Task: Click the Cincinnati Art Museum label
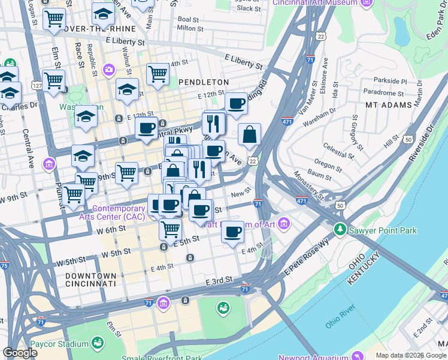(x=315, y=3)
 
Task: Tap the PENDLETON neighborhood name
(x=204, y=82)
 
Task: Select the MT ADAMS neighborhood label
(x=389, y=104)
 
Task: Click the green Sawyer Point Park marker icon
(x=340, y=229)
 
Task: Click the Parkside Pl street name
(x=390, y=81)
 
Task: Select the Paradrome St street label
(x=388, y=92)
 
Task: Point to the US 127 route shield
(x=37, y=86)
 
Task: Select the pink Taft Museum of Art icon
(x=284, y=224)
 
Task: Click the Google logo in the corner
(x=20, y=353)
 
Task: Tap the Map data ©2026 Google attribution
(x=411, y=355)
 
